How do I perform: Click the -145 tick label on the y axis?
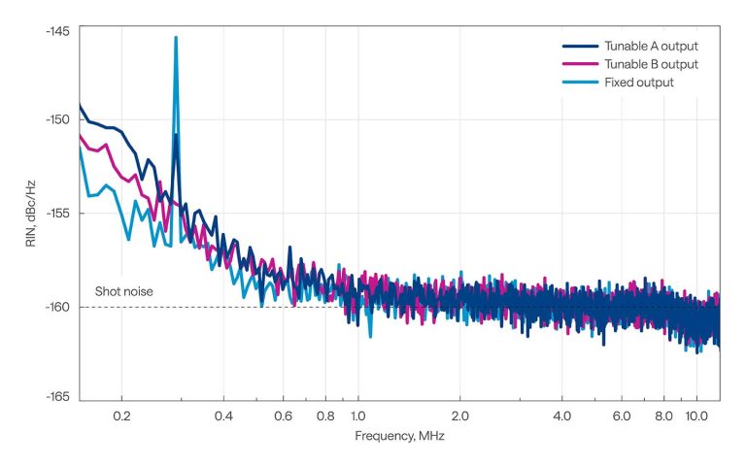tap(56, 30)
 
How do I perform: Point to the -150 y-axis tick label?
tap(56, 119)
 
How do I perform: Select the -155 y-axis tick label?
tap(56, 214)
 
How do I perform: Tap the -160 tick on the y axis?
tap(56, 307)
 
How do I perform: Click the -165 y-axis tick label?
tap(56, 396)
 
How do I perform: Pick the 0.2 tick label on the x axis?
tap(122, 415)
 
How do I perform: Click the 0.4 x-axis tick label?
tap(223, 415)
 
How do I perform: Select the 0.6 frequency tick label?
tap(283, 415)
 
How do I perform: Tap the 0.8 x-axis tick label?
tap(325, 415)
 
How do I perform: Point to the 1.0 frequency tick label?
tap(357, 415)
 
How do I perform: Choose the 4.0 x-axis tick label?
tap(561, 415)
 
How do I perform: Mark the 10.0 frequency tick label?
tap(695, 415)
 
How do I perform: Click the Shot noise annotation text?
tap(123, 291)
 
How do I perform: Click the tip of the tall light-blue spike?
tap(176, 38)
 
